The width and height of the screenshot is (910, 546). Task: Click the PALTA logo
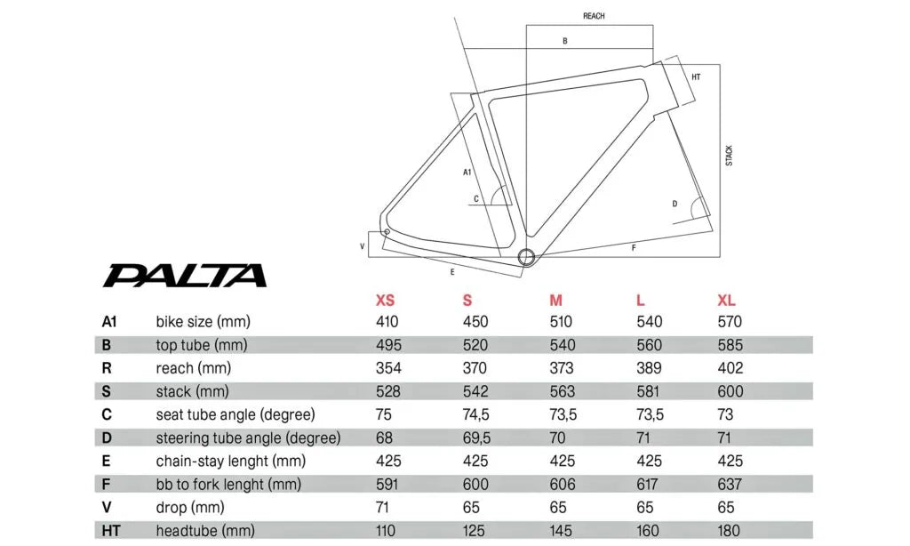184,275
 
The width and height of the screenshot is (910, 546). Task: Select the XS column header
386,301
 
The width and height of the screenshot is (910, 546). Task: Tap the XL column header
727,301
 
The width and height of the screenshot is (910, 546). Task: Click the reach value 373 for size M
562,368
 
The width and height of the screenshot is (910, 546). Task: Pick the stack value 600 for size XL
730,391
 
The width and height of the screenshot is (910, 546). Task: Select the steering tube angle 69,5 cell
476,438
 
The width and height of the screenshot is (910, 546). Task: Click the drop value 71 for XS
385,507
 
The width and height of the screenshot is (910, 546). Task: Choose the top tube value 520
475,345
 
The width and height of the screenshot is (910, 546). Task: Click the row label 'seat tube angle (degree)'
235,414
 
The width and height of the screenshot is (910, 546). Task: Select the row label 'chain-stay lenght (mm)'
231,461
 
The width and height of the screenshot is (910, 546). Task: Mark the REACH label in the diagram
594,16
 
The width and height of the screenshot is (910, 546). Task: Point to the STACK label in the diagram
730,156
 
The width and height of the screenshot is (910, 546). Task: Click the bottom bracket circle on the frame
526,257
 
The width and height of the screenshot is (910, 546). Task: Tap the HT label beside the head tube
696,77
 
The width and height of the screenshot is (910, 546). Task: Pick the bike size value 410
387,322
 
